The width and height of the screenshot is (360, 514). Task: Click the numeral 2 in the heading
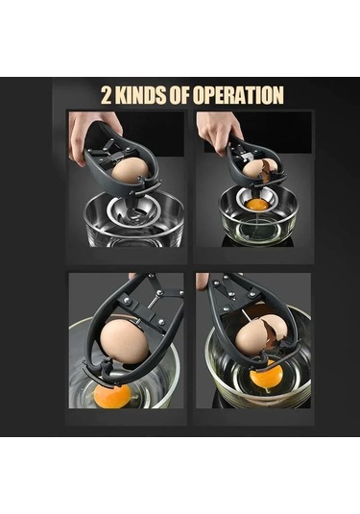click(106, 95)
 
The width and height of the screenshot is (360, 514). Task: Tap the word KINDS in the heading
click(140, 95)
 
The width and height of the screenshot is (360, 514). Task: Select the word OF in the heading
click(180, 95)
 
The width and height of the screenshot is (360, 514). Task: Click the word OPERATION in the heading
click(238, 95)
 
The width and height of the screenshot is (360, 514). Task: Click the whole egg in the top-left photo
click(130, 170)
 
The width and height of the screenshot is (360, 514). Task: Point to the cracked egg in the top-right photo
click(260, 169)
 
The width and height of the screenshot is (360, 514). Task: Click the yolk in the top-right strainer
click(257, 205)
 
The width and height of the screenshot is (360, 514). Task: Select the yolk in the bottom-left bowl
click(112, 396)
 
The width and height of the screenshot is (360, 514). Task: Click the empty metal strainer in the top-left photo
click(133, 214)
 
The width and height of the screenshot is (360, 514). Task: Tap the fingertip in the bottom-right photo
click(203, 281)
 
